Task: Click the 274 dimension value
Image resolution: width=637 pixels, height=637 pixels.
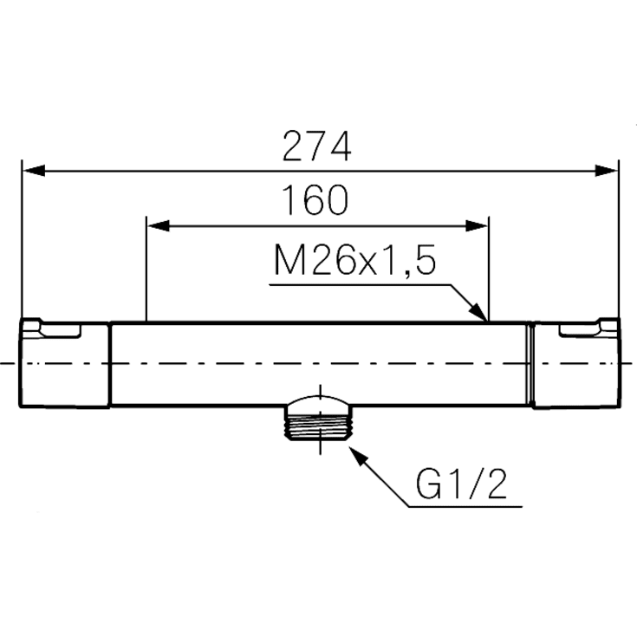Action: point(316,146)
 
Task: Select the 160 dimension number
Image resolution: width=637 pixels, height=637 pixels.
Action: point(315,200)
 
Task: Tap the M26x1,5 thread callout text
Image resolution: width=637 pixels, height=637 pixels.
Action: point(354,260)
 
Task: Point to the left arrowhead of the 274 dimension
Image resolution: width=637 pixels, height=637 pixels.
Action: point(33,171)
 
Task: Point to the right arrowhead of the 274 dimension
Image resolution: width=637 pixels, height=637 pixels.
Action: point(606,171)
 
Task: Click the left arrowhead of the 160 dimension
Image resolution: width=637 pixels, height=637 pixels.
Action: point(159,226)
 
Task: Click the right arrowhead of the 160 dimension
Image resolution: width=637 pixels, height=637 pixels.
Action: point(476,226)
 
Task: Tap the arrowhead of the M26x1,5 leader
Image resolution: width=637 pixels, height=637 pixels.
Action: point(478,312)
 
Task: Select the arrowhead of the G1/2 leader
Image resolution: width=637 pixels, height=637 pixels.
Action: point(358,457)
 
